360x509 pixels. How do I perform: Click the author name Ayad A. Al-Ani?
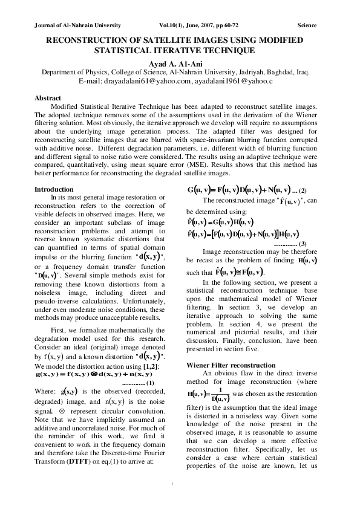(180, 62)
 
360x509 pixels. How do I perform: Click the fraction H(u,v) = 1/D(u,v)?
(209, 397)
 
